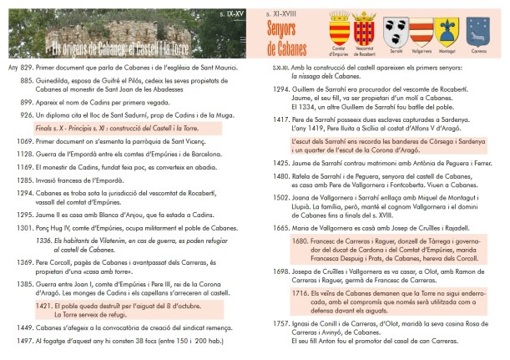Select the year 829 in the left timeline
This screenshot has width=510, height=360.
tap(26, 66)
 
